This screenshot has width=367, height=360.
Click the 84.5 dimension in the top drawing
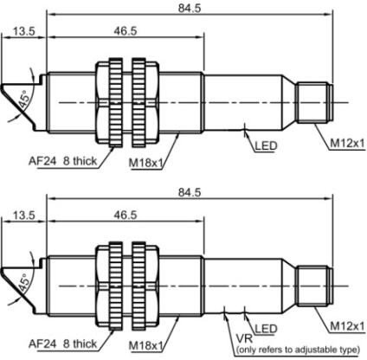click(x=190, y=8)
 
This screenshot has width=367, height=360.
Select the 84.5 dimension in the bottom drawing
click(x=190, y=192)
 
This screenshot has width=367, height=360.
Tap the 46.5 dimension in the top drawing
click(x=126, y=31)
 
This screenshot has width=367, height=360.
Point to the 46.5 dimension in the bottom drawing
click(x=126, y=215)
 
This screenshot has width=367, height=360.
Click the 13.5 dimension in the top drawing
click(x=24, y=31)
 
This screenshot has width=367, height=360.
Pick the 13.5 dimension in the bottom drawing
click(x=24, y=215)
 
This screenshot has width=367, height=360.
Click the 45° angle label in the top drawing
click(x=24, y=100)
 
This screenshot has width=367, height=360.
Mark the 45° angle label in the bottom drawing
click(x=24, y=284)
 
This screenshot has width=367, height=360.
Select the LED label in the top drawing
click(x=266, y=146)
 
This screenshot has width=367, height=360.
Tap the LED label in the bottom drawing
click(x=266, y=329)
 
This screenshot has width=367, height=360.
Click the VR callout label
click(x=244, y=338)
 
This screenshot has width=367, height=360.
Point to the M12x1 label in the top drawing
click(x=347, y=143)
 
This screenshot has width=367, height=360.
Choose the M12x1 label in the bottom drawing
click(x=347, y=326)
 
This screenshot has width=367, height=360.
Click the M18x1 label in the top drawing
click(x=146, y=164)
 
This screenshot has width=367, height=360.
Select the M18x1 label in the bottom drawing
click(x=146, y=345)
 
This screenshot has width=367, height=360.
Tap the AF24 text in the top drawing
click(x=42, y=161)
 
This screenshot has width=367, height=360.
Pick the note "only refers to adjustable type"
click(x=298, y=350)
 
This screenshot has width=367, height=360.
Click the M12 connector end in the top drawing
click(x=315, y=102)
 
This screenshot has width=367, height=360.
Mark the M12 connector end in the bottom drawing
click(x=315, y=286)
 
